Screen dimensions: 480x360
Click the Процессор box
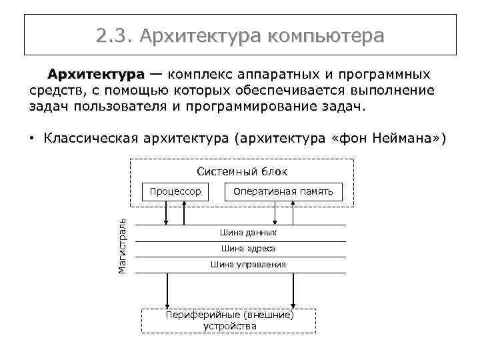tap(175, 191)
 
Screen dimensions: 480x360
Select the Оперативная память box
tap(283, 191)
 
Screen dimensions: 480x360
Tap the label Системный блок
tap(242, 172)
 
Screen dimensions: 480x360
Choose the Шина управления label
tap(248, 265)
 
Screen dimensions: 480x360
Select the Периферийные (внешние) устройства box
tap(229, 320)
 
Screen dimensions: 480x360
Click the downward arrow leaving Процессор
tap(167, 213)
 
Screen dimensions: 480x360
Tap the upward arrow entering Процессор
tap(184, 213)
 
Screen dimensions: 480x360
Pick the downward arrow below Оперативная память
tap(273, 213)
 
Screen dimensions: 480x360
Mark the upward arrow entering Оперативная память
tap(292, 213)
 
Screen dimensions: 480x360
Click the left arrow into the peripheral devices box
tap(167, 290)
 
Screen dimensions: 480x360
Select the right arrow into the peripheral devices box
tap(292, 290)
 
